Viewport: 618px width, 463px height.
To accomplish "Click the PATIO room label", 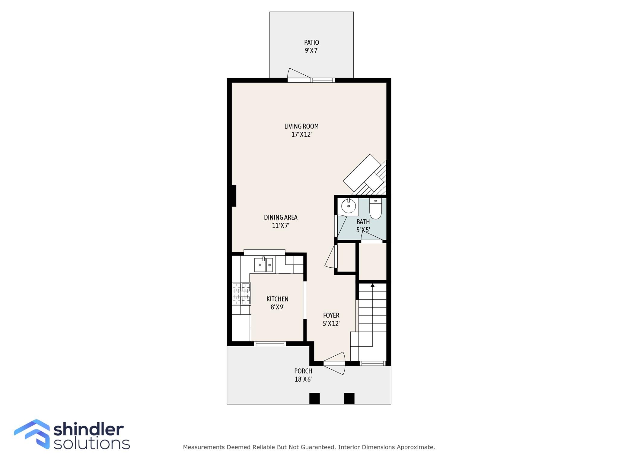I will pyautogui.click(x=311, y=43).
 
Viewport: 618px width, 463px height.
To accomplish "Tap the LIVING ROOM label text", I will pyautogui.click(x=301, y=126).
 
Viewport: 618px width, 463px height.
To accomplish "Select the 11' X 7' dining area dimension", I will pyautogui.click(x=281, y=225).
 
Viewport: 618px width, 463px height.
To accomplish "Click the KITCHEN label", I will pyautogui.click(x=277, y=299).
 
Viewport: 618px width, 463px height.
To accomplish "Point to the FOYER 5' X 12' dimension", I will pyautogui.click(x=331, y=324).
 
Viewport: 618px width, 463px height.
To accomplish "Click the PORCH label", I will pyautogui.click(x=303, y=371).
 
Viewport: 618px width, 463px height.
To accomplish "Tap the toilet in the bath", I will pyautogui.click(x=375, y=209).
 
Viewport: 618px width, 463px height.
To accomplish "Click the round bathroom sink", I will pyautogui.click(x=349, y=206).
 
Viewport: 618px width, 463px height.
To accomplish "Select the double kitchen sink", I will pyautogui.click(x=263, y=265).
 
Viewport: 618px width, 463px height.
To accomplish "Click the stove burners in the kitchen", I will pyautogui.click(x=241, y=294).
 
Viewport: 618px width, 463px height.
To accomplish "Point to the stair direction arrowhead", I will pyautogui.click(x=372, y=285).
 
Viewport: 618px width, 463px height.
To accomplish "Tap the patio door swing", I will pyautogui.click(x=298, y=75).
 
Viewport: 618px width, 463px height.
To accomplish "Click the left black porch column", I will pyautogui.click(x=314, y=398).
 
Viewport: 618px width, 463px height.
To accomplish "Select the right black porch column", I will pyautogui.click(x=349, y=398).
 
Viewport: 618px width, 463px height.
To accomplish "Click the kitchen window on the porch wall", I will pyautogui.click(x=270, y=343).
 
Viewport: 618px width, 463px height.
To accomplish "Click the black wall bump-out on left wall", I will pyautogui.click(x=234, y=196).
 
